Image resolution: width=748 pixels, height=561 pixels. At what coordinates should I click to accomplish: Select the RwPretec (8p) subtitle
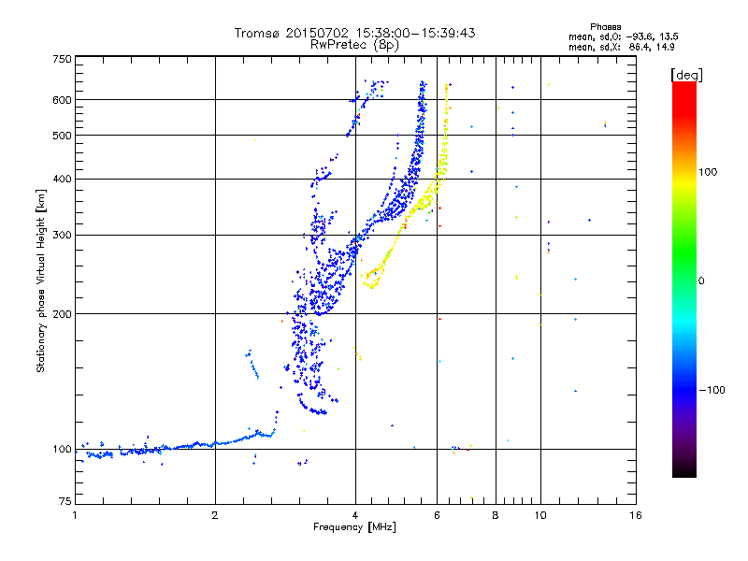[354, 45]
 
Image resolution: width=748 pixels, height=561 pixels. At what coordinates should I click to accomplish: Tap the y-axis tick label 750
[62, 59]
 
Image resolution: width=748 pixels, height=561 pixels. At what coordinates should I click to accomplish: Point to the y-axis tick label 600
[62, 100]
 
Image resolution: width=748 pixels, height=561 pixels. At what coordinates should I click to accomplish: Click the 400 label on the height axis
[62, 179]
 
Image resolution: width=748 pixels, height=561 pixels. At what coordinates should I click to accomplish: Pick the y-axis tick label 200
[62, 314]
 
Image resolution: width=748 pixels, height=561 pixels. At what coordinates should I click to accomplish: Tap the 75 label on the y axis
[65, 501]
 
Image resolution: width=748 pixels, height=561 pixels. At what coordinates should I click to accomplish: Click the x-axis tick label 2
[215, 515]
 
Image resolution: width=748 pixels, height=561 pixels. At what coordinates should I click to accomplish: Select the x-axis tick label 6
[437, 515]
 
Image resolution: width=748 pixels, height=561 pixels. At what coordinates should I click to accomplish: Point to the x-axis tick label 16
[636, 515]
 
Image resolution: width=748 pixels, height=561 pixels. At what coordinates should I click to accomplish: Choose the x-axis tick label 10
[540, 515]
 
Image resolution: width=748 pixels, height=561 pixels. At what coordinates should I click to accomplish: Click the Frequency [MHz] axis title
[354, 527]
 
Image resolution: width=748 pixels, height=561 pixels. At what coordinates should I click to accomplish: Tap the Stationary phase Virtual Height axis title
[40, 281]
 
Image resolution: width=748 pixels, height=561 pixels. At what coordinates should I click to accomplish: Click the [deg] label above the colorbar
[686, 75]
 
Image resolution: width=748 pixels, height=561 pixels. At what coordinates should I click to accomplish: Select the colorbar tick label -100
[712, 390]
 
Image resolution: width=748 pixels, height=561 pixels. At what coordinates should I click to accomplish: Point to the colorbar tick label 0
[701, 281]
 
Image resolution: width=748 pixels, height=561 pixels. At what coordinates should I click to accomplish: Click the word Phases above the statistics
[605, 27]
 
